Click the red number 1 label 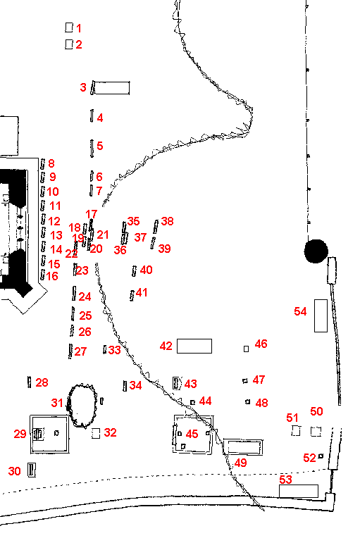click(79, 29)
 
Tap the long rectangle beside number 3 click(113, 88)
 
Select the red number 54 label click(301, 311)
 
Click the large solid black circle click(316, 250)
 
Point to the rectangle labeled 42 click(194, 346)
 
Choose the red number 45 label click(192, 435)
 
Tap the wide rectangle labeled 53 click(298, 491)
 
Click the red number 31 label click(57, 403)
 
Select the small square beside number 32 click(96, 433)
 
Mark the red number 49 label click(241, 463)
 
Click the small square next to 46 click(246, 349)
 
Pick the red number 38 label click(167, 222)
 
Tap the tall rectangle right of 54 click(321, 315)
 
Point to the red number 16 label click(53, 276)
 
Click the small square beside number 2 click(69, 44)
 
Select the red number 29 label click(20, 434)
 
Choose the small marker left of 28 click(29, 382)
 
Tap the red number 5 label click(100, 146)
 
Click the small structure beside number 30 click(31, 470)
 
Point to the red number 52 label click(309, 458)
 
